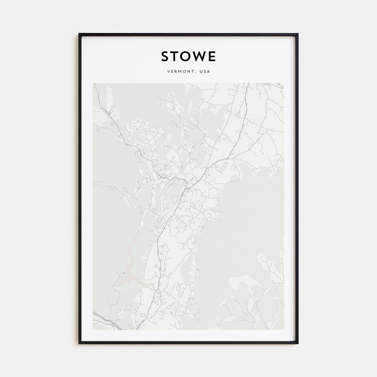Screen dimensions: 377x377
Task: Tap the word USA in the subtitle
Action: (205, 72)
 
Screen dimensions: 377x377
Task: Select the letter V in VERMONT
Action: (168, 72)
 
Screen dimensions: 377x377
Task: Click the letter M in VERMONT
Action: (181, 72)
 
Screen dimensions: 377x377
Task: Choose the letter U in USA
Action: (201, 72)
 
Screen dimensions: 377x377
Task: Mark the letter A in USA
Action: (209, 72)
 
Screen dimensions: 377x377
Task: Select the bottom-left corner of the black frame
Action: (79, 343)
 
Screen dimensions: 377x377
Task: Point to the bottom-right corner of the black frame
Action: (298, 343)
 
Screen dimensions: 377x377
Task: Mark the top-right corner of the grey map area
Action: (284, 83)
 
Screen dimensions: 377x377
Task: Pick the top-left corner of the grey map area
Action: (93, 83)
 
